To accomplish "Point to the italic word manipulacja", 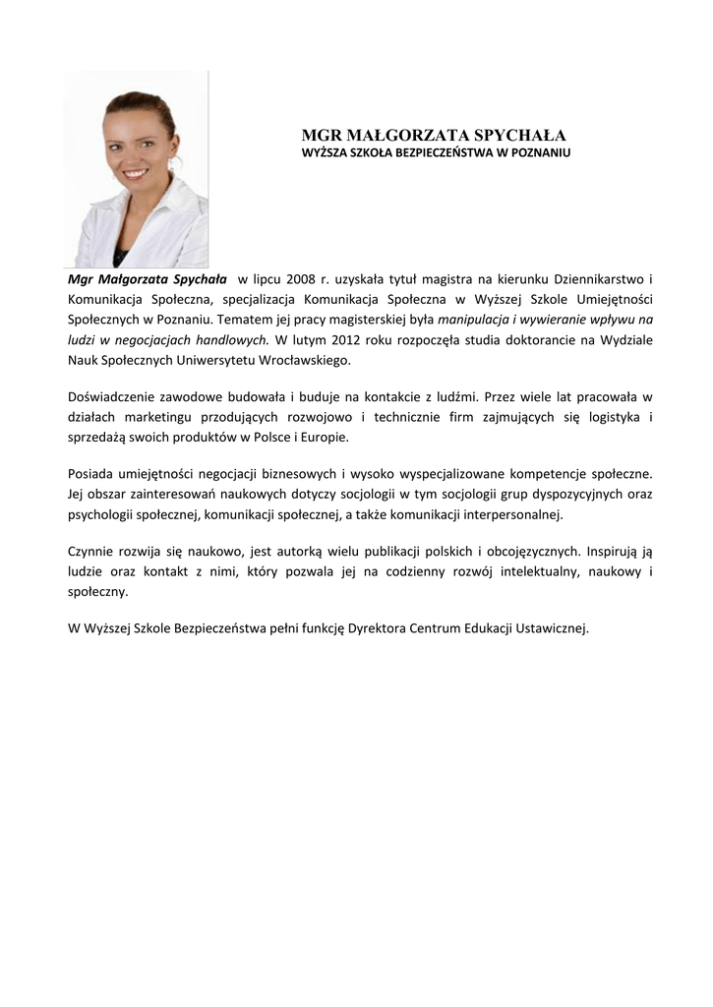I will [x=471, y=321].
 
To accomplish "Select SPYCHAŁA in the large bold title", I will [x=521, y=136].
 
